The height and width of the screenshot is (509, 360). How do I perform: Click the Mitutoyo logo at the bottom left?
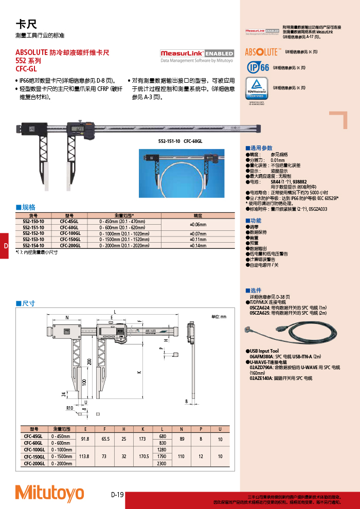(x=49, y=493)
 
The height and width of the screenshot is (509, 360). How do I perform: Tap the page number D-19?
(x=117, y=495)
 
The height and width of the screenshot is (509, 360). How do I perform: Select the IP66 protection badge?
(x=257, y=67)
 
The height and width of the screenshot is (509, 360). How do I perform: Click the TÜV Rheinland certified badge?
(x=256, y=89)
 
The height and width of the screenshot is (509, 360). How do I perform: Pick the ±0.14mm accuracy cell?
(x=198, y=246)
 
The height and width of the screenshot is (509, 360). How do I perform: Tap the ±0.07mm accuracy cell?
(x=198, y=233)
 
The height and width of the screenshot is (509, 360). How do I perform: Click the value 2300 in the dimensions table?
(x=163, y=463)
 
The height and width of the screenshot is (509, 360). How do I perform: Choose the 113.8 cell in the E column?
(x=85, y=456)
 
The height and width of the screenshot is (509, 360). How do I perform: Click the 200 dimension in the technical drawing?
(x=88, y=362)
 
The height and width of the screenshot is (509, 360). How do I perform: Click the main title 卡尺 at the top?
(x=26, y=24)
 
